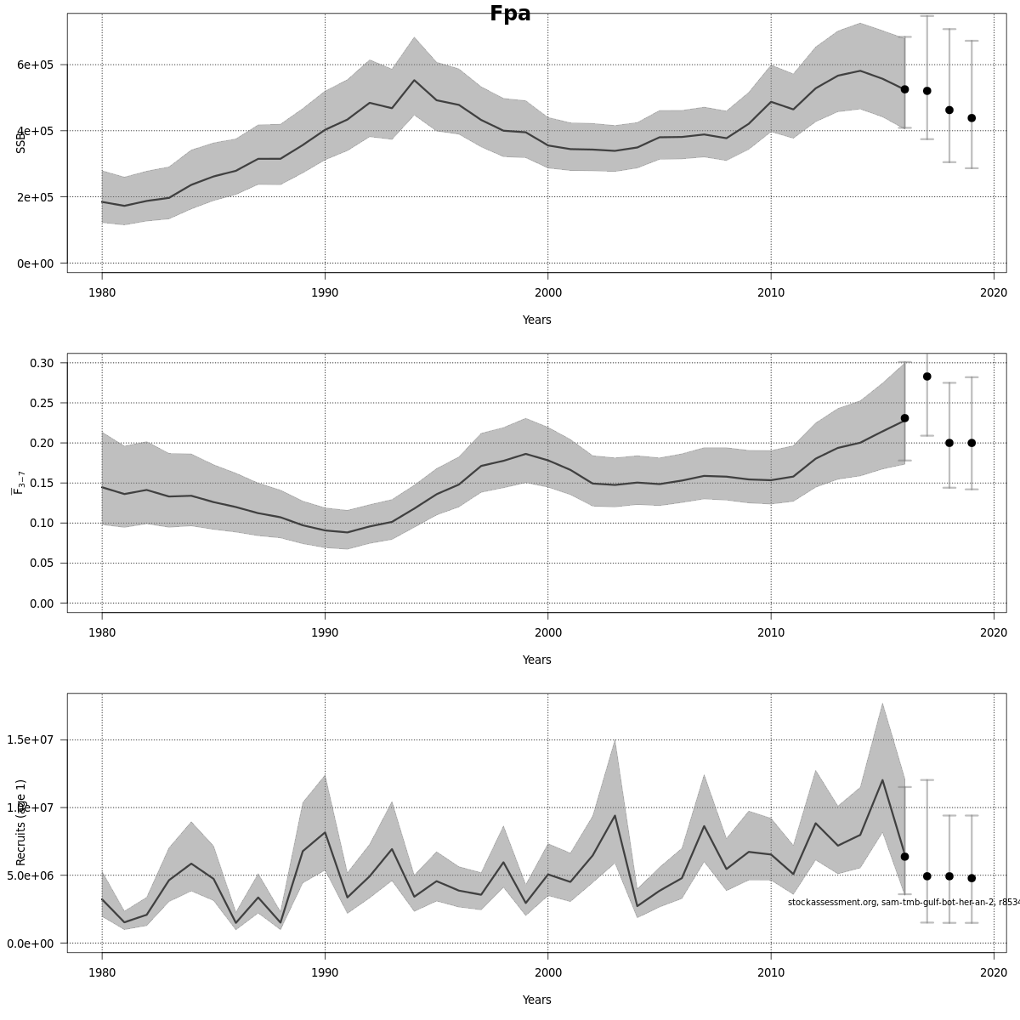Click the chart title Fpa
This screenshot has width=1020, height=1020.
510,14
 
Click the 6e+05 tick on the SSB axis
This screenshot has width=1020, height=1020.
35,65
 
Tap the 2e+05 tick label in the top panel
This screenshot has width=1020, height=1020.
35,197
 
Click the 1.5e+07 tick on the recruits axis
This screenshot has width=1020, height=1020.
31,739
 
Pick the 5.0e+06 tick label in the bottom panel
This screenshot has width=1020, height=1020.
31,875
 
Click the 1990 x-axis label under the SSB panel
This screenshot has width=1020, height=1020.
325,293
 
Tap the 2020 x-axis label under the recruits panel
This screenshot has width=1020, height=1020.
994,973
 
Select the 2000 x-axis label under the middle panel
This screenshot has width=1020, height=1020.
547,633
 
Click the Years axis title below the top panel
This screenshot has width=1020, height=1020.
536,320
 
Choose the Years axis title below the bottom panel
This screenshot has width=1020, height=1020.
536,1000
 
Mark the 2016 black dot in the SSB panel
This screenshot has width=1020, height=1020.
904,89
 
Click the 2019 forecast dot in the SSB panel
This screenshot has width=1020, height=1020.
972,118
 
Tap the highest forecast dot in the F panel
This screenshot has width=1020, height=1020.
927,377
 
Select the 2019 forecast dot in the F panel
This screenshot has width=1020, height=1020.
972,443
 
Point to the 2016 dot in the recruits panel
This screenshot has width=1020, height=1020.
904,857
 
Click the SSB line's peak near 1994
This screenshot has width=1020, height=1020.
414,81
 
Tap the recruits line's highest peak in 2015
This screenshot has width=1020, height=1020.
882,780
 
